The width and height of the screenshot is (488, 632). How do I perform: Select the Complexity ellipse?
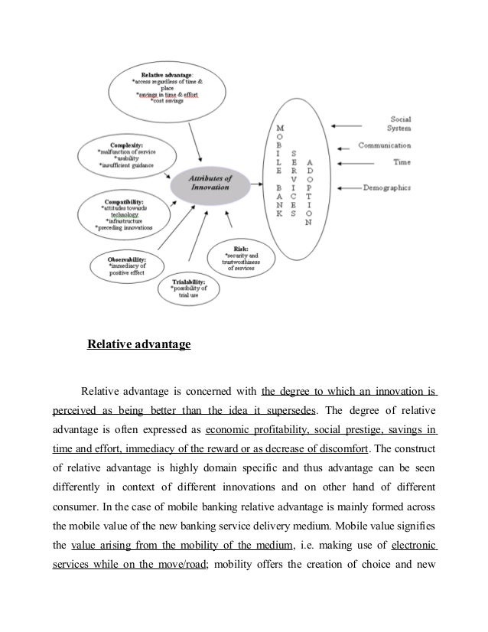click(127, 153)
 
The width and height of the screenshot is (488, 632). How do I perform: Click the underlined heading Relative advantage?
click(138, 345)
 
